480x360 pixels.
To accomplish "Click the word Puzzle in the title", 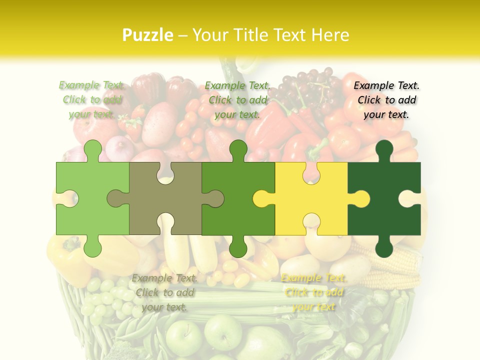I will pyautogui.click(x=148, y=35).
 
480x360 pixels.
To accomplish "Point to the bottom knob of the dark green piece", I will pyautogui.click(x=384, y=247).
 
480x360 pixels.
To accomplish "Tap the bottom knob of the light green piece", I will pyautogui.click(x=92, y=247).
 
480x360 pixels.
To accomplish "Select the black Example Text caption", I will pyautogui.click(x=386, y=100).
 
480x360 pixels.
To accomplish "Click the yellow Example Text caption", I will pyautogui.click(x=313, y=292).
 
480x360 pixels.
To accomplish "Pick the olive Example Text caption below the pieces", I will pyautogui.click(x=164, y=292).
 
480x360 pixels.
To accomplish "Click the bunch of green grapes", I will pyautogui.click(x=102, y=297).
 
